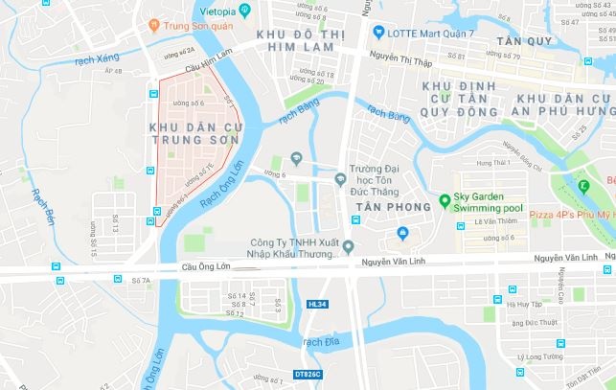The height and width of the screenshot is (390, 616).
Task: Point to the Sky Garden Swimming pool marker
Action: coord(445,199)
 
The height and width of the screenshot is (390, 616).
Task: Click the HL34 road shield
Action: coord(317,304)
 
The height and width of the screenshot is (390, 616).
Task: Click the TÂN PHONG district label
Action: coord(384,207)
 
